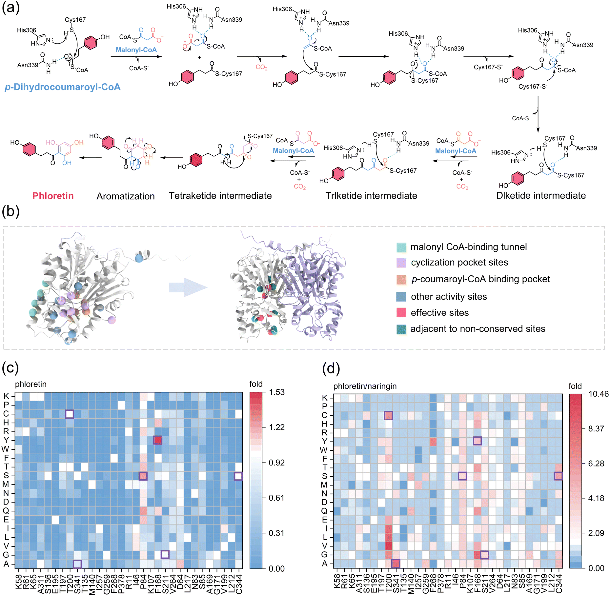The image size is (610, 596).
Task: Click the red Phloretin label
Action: coord(53,196)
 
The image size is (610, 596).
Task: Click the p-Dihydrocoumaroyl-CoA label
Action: coord(63,87)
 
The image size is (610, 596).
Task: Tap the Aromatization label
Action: coord(126,196)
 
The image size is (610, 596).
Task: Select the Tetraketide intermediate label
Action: coord(220,196)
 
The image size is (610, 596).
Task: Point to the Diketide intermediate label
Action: coord(541,195)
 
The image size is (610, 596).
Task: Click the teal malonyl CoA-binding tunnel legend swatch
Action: coord(401,247)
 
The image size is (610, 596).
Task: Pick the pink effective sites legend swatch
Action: coord(401,313)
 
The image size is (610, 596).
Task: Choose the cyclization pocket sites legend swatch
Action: coord(401,263)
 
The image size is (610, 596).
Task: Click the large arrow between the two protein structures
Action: coord(188,288)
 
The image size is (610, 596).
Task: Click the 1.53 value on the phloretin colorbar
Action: coord(277,392)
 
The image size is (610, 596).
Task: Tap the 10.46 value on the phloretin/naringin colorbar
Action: coord(599,394)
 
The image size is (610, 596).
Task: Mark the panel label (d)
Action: coord(331,368)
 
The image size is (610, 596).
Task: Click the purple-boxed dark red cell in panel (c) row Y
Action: coord(158,440)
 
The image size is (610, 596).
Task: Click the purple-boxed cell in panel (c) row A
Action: coord(77,564)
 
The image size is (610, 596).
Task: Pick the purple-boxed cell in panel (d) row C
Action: coord(388,415)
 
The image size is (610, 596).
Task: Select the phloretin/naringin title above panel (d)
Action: coord(365,386)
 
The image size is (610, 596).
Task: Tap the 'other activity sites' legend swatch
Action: coord(401,297)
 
